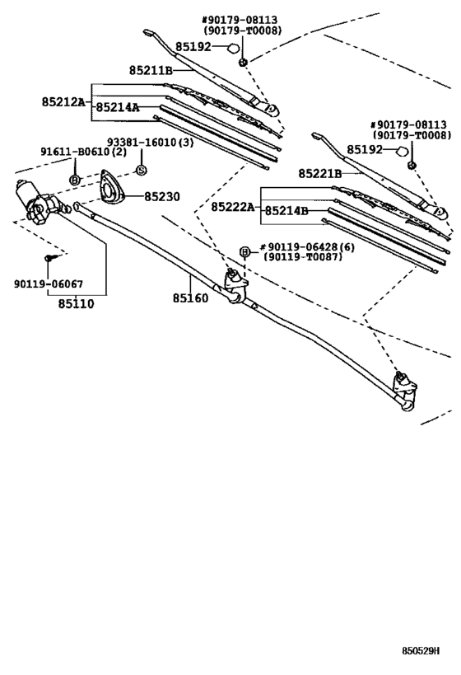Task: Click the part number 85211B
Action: click(150, 71)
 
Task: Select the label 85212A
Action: click(63, 102)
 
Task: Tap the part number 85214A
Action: click(116, 107)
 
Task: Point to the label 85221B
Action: click(319, 174)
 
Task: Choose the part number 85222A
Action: click(233, 206)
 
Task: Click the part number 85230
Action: click(162, 196)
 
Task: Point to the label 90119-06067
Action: click(49, 284)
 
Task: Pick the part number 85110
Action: click(77, 304)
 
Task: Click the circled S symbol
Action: click(140, 170)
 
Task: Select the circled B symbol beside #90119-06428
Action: click(244, 251)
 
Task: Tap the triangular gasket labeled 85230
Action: click(110, 186)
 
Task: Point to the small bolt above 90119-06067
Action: click(49, 258)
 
